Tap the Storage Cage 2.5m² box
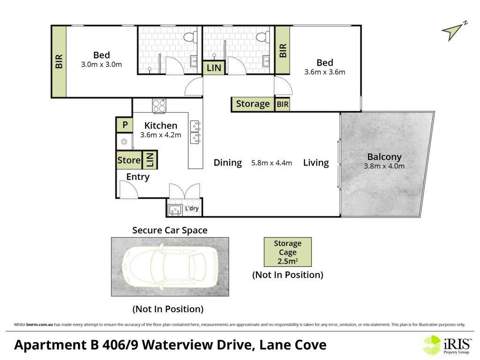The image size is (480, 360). (288, 252)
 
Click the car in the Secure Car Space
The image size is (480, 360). (170, 267)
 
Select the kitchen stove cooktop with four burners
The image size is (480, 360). (159, 106)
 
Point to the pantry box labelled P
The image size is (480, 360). (125, 125)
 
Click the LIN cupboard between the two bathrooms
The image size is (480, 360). (214, 67)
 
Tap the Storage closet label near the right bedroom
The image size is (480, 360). (253, 104)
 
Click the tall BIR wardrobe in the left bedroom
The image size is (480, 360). (59, 61)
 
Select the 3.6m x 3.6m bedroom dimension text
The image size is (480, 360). (324, 72)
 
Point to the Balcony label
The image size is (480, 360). (384, 157)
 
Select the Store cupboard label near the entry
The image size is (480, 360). (129, 160)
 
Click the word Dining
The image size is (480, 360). (227, 163)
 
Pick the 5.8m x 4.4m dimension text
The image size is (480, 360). (271, 163)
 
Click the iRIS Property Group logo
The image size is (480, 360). (447, 345)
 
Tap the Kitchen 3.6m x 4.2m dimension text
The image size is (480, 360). (161, 135)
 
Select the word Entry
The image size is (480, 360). (138, 177)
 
